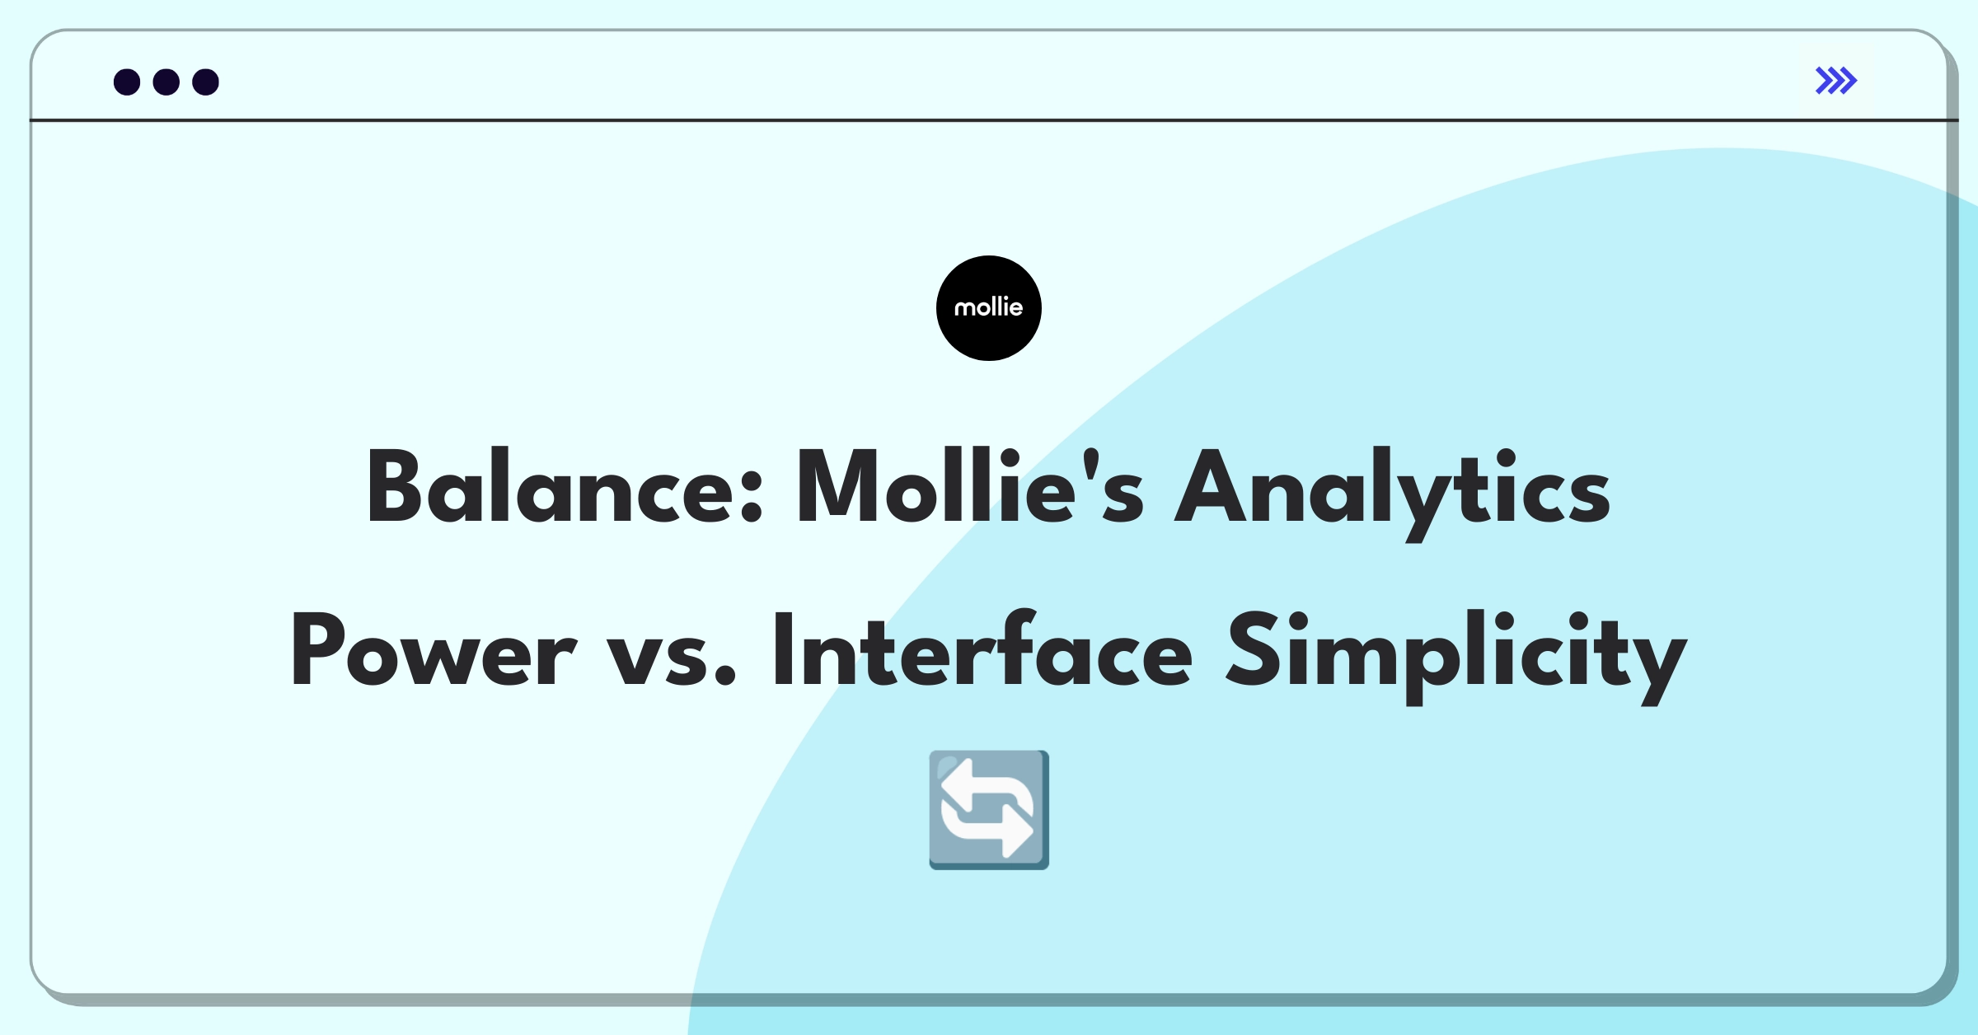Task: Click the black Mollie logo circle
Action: pos(989,308)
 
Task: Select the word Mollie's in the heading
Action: pos(970,486)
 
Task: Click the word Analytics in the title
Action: pos(1392,493)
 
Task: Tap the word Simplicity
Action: pos(1456,656)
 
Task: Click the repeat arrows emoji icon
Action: pos(989,810)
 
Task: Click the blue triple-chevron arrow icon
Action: pos(1836,81)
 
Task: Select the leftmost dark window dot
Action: pos(127,82)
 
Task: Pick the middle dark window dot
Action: pos(166,82)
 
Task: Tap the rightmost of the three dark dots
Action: pos(205,82)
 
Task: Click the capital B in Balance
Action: pos(399,486)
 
